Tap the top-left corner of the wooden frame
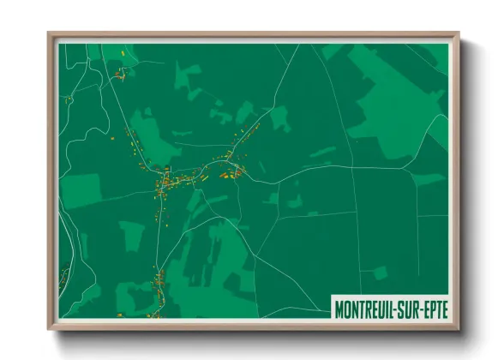coord(49,34)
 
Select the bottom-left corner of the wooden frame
coord(49,328)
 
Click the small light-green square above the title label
coord(380,273)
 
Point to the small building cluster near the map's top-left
coord(119,75)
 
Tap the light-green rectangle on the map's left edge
coord(81,190)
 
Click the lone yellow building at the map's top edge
coord(124,53)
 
